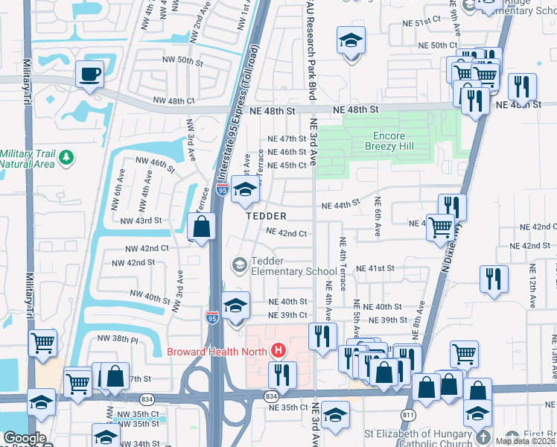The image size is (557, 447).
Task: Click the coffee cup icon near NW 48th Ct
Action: (x=90, y=74)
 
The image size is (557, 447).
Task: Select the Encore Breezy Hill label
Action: (x=384, y=142)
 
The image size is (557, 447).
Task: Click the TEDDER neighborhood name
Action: (x=267, y=216)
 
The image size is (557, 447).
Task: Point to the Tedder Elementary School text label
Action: (x=293, y=266)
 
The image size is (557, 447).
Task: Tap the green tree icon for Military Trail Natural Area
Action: (x=68, y=157)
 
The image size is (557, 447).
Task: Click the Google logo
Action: (x=25, y=439)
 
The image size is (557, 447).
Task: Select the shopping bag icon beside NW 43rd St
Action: (x=202, y=226)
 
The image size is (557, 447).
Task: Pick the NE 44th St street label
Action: (x=340, y=205)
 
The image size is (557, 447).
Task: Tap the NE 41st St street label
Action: (x=375, y=268)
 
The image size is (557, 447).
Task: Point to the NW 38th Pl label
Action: (x=118, y=338)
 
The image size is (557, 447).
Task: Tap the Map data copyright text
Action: (x=526, y=441)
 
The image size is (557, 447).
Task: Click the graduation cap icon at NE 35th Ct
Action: (x=336, y=415)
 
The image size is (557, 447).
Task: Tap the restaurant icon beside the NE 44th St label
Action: (x=452, y=207)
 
